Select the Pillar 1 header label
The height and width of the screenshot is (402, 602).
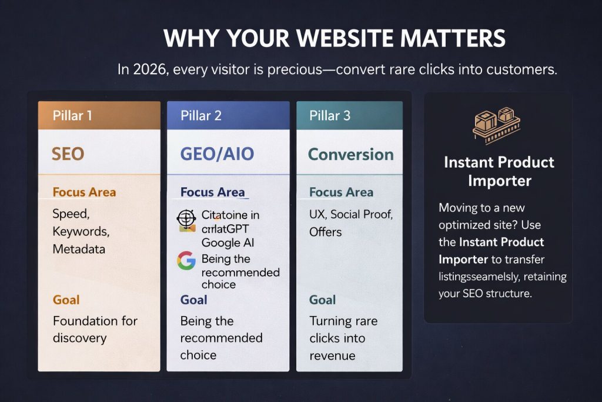click(x=72, y=115)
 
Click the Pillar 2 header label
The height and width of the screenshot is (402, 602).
click(x=202, y=115)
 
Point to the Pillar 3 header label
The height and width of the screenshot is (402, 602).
click(x=330, y=115)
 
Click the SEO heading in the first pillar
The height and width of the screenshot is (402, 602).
click(x=68, y=154)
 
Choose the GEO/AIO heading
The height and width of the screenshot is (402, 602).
click(x=217, y=154)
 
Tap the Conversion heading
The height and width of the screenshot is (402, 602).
click(x=351, y=154)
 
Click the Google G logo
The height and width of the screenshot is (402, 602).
click(x=186, y=260)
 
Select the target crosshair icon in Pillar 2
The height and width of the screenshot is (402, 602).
click(x=186, y=220)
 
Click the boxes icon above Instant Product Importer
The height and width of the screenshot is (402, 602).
click(x=498, y=125)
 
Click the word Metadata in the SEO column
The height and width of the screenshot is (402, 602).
click(x=79, y=249)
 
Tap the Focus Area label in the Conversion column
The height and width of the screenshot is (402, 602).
click(x=341, y=192)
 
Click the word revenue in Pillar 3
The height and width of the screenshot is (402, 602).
click(x=332, y=356)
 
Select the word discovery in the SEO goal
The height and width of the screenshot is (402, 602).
click(x=79, y=338)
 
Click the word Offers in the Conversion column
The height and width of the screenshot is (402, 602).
click(x=325, y=232)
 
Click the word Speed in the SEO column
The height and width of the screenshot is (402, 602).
click(x=70, y=213)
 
